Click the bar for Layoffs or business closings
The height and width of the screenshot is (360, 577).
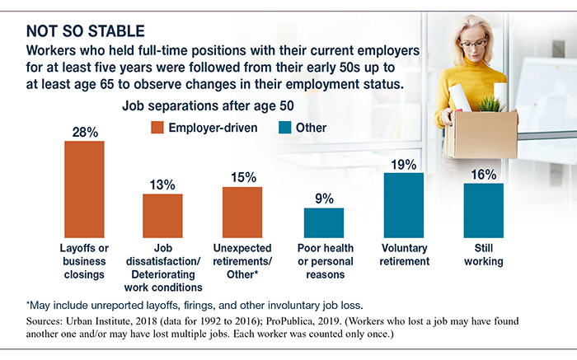85,189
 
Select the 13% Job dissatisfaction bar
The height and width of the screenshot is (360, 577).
162,216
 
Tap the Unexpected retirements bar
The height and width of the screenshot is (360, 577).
242,212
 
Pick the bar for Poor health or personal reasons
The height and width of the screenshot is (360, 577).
324,222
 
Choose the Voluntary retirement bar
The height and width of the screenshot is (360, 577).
403,205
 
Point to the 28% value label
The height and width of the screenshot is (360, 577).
85,131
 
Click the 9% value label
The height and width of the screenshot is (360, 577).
324,198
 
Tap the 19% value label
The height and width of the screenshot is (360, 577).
403,163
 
